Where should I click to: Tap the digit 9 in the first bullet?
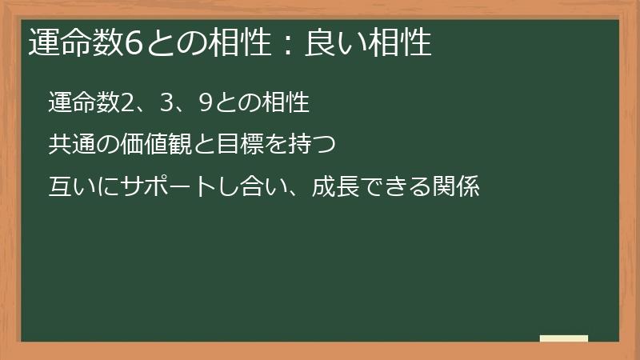click(x=204, y=103)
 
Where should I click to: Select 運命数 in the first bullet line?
click(x=82, y=103)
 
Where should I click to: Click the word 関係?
click(x=457, y=188)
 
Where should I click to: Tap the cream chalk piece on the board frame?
click(x=563, y=338)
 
